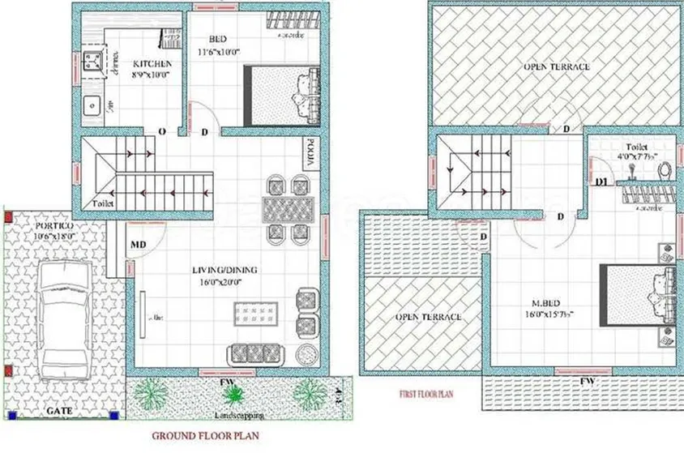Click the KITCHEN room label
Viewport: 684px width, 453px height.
coord(152,64)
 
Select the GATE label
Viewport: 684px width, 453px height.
coord(58,411)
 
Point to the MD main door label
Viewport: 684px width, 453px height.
coord(139,243)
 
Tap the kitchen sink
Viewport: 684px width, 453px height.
coord(94,105)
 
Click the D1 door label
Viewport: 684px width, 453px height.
coord(601,182)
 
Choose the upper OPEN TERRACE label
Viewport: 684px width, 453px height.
coord(556,66)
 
